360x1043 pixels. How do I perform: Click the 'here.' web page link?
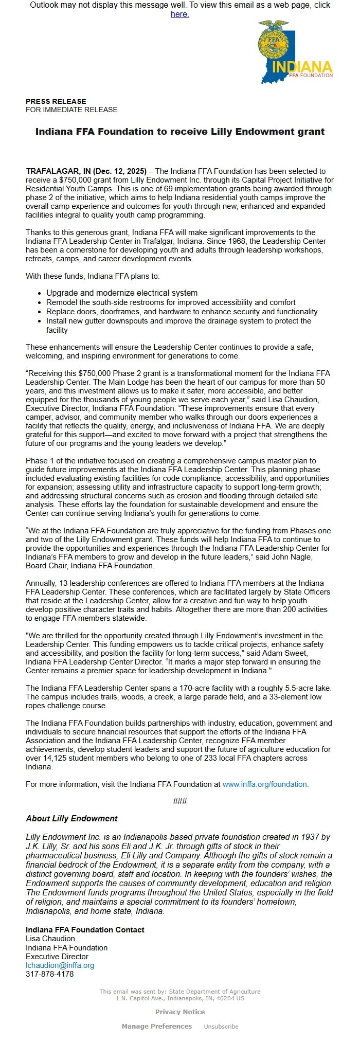click(179, 14)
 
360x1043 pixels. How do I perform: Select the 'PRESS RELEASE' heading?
click(56, 101)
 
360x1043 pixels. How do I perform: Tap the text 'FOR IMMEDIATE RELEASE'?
click(71, 110)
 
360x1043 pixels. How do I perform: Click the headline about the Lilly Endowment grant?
click(180, 132)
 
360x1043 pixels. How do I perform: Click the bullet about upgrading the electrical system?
click(122, 293)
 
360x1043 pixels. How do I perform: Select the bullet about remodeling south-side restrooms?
click(171, 302)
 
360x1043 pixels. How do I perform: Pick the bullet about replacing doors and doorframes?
click(182, 312)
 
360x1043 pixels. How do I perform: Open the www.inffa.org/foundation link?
click(264, 784)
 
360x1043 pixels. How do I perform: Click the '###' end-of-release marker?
click(180, 801)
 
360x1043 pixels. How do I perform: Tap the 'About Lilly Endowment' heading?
click(71, 818)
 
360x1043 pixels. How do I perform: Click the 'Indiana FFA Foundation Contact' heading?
click(85, 929)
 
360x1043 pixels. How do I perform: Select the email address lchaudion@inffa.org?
click(60, 965)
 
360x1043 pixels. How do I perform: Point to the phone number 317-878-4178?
click(50, 974)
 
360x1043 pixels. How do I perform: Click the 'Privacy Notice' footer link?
click(180, 1012)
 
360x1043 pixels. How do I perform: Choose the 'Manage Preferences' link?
click(157, 1026)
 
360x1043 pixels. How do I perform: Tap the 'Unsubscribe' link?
click(221, 1027)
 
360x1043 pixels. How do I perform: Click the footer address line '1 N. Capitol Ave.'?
click(180, 998)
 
